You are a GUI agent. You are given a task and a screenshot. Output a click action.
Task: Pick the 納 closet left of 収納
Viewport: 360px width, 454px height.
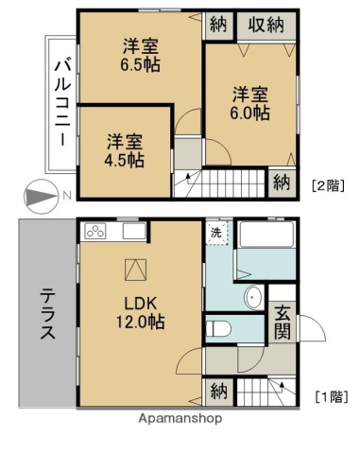pyautogui.click(x=217, y=26)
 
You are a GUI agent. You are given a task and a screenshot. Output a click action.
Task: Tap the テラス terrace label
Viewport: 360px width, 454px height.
pyautogui.click(x=47, y=313)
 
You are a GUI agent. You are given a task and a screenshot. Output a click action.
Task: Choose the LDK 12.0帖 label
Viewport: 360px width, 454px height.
pyautogui.click(x=140, y=313)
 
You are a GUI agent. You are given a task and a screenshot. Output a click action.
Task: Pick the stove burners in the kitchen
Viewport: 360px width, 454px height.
pyautogui.click(x=97, y=230)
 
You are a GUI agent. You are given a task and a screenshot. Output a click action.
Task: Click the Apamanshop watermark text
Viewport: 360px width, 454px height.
pyautogui.click(x=180, y=417)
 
